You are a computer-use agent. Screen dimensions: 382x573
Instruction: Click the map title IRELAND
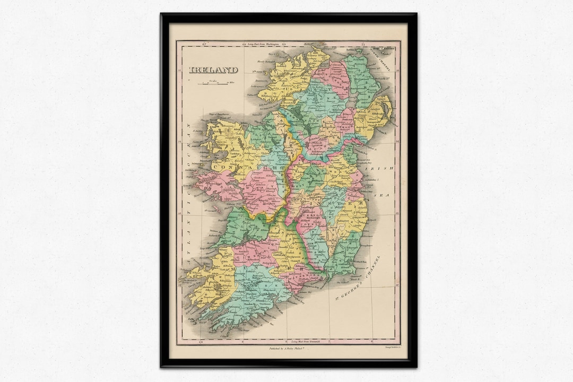coord(214,70)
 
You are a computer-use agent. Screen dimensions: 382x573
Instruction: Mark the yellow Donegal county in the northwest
coord(286,80)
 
